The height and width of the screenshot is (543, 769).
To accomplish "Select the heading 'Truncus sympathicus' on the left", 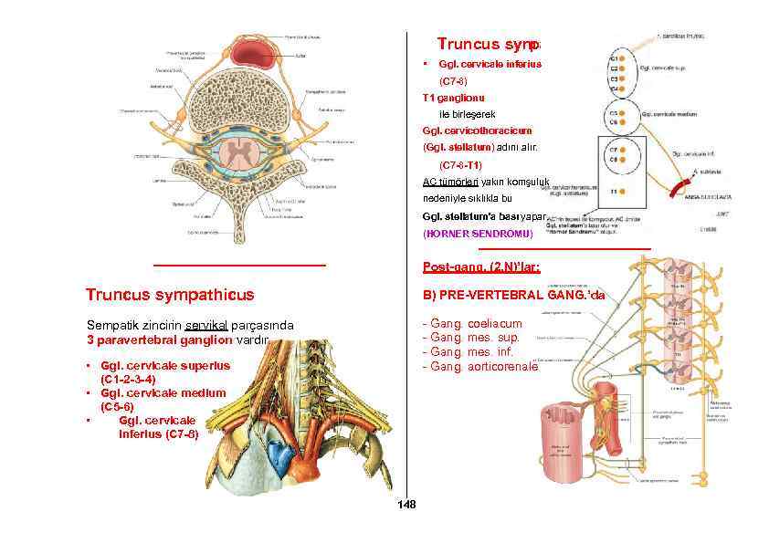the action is pyautogui.click(x=170, y=295).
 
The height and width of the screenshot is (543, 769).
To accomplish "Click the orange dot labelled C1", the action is pyautogui.click(x=621, y=58).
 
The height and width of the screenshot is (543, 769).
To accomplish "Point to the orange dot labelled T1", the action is pyautogui.click(x=621, y=192).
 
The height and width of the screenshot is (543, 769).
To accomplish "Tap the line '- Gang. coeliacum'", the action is pyautogui.click(x=472, y=324).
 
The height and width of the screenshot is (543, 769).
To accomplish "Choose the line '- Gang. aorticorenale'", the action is pyautogui.click(x=479, y=366).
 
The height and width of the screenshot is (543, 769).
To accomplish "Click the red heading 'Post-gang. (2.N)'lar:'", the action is pyautogui.click(x=481, y=267).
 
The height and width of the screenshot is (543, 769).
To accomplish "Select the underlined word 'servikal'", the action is pyautogui.click(x=206, y=326).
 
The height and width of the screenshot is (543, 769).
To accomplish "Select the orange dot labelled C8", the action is pyautogui.click(x=621, y=160).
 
